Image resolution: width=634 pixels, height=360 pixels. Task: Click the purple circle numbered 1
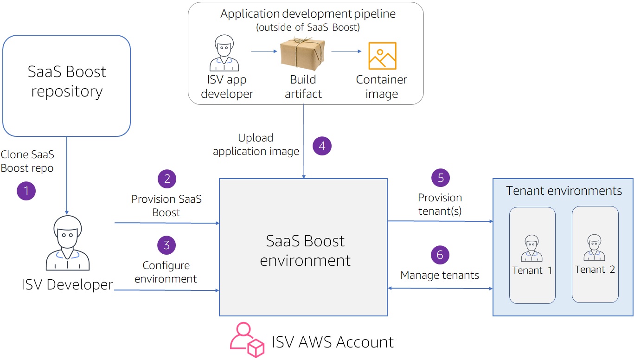pos(26,191)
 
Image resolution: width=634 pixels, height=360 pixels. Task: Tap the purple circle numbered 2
pos(167,179)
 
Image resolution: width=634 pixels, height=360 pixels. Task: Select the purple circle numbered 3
pos(167,245)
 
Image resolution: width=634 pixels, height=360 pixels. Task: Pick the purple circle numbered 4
pos(322,146)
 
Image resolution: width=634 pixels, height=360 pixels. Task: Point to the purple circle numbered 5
pos(441,178)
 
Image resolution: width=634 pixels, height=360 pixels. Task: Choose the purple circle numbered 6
pos(440,255)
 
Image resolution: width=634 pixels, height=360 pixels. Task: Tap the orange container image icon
pos(382,56)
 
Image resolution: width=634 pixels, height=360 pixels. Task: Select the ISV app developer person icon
pos(224,52)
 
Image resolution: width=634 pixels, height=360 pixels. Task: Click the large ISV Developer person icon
pos(68,243)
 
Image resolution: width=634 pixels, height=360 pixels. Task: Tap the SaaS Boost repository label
pos(67,82)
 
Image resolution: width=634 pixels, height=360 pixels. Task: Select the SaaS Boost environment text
pos(305,251)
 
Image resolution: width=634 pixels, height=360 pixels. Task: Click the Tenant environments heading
pos(564,191)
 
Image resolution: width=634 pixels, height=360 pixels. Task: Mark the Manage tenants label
pos(440,275)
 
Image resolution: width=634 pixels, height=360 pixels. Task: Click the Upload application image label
pos(256,145)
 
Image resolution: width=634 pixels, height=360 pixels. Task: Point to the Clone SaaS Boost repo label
pos(27,161)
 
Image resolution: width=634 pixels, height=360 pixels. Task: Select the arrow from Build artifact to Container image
pos(346,51)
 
